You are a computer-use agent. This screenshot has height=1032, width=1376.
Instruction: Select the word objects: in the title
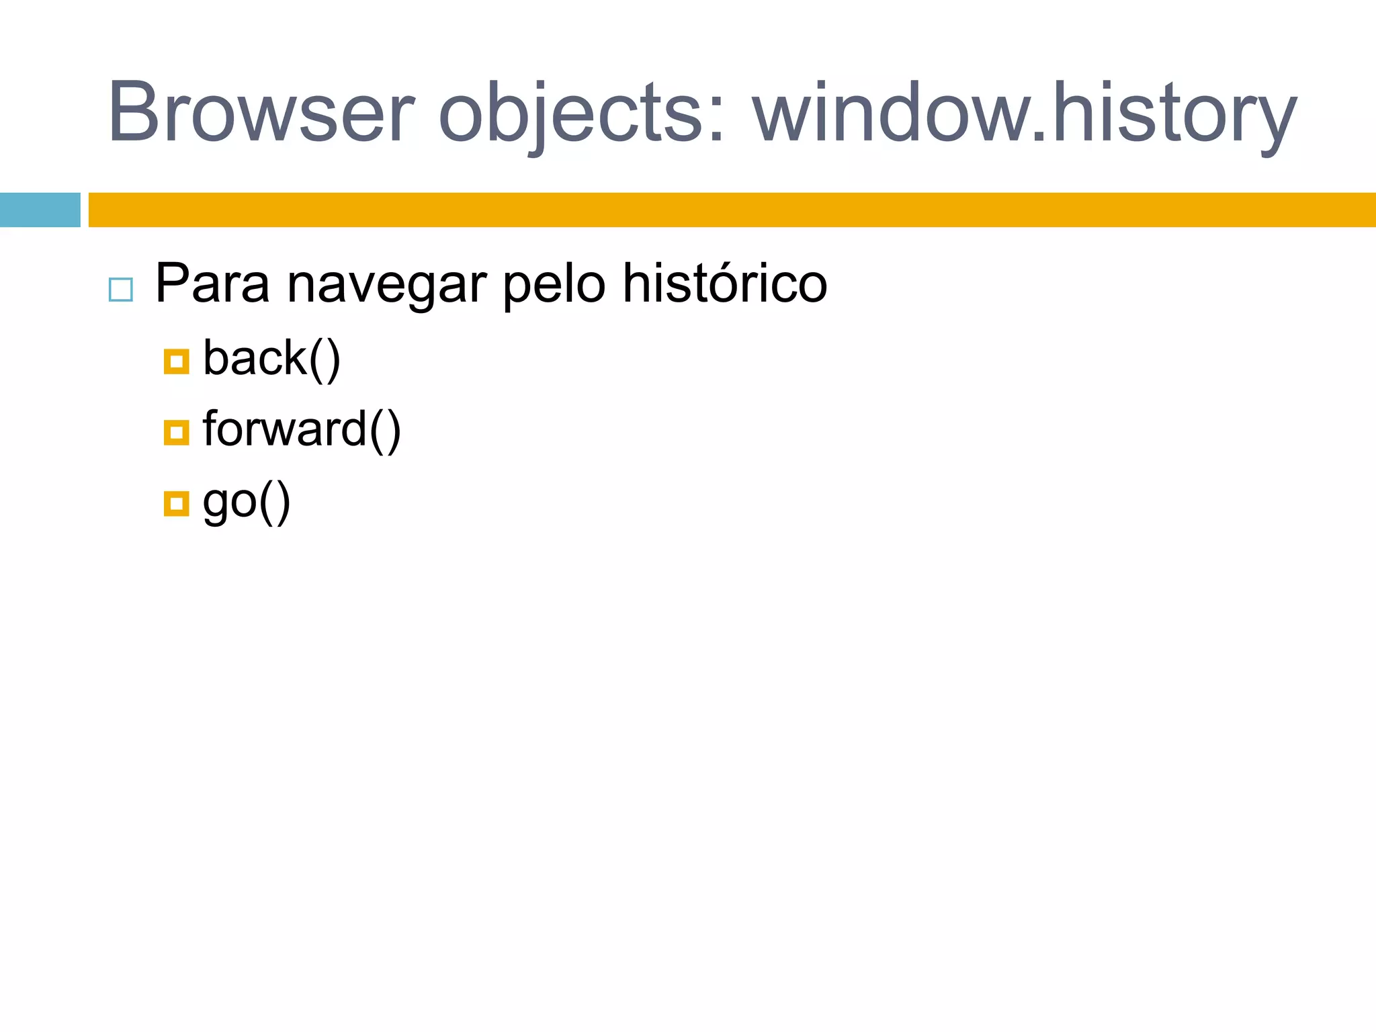click(x=581, y=113)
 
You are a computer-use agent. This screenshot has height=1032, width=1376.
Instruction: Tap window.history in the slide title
click(x=1025, y=113)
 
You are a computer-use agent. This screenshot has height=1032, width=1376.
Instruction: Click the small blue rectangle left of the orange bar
click(x=40, y=210)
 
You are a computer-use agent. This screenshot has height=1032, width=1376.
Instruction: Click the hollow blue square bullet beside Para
click(x=121, y=290)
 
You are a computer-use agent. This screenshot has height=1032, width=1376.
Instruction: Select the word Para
click(x=212, y=284)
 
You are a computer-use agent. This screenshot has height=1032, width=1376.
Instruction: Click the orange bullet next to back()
click(x=176, y=361)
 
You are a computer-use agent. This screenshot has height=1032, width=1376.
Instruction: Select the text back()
click(x=271, y=359)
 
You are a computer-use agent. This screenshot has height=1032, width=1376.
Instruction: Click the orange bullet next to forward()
click(x=176, y=433)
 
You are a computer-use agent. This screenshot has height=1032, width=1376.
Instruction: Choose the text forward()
click(x=302, y=430)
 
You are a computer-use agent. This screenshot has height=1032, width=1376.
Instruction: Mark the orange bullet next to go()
click(x=176, y=503)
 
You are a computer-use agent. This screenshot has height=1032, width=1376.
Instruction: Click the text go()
click(x=247, y=502)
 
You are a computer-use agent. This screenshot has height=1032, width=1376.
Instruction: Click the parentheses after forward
click(x=385, y=430)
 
